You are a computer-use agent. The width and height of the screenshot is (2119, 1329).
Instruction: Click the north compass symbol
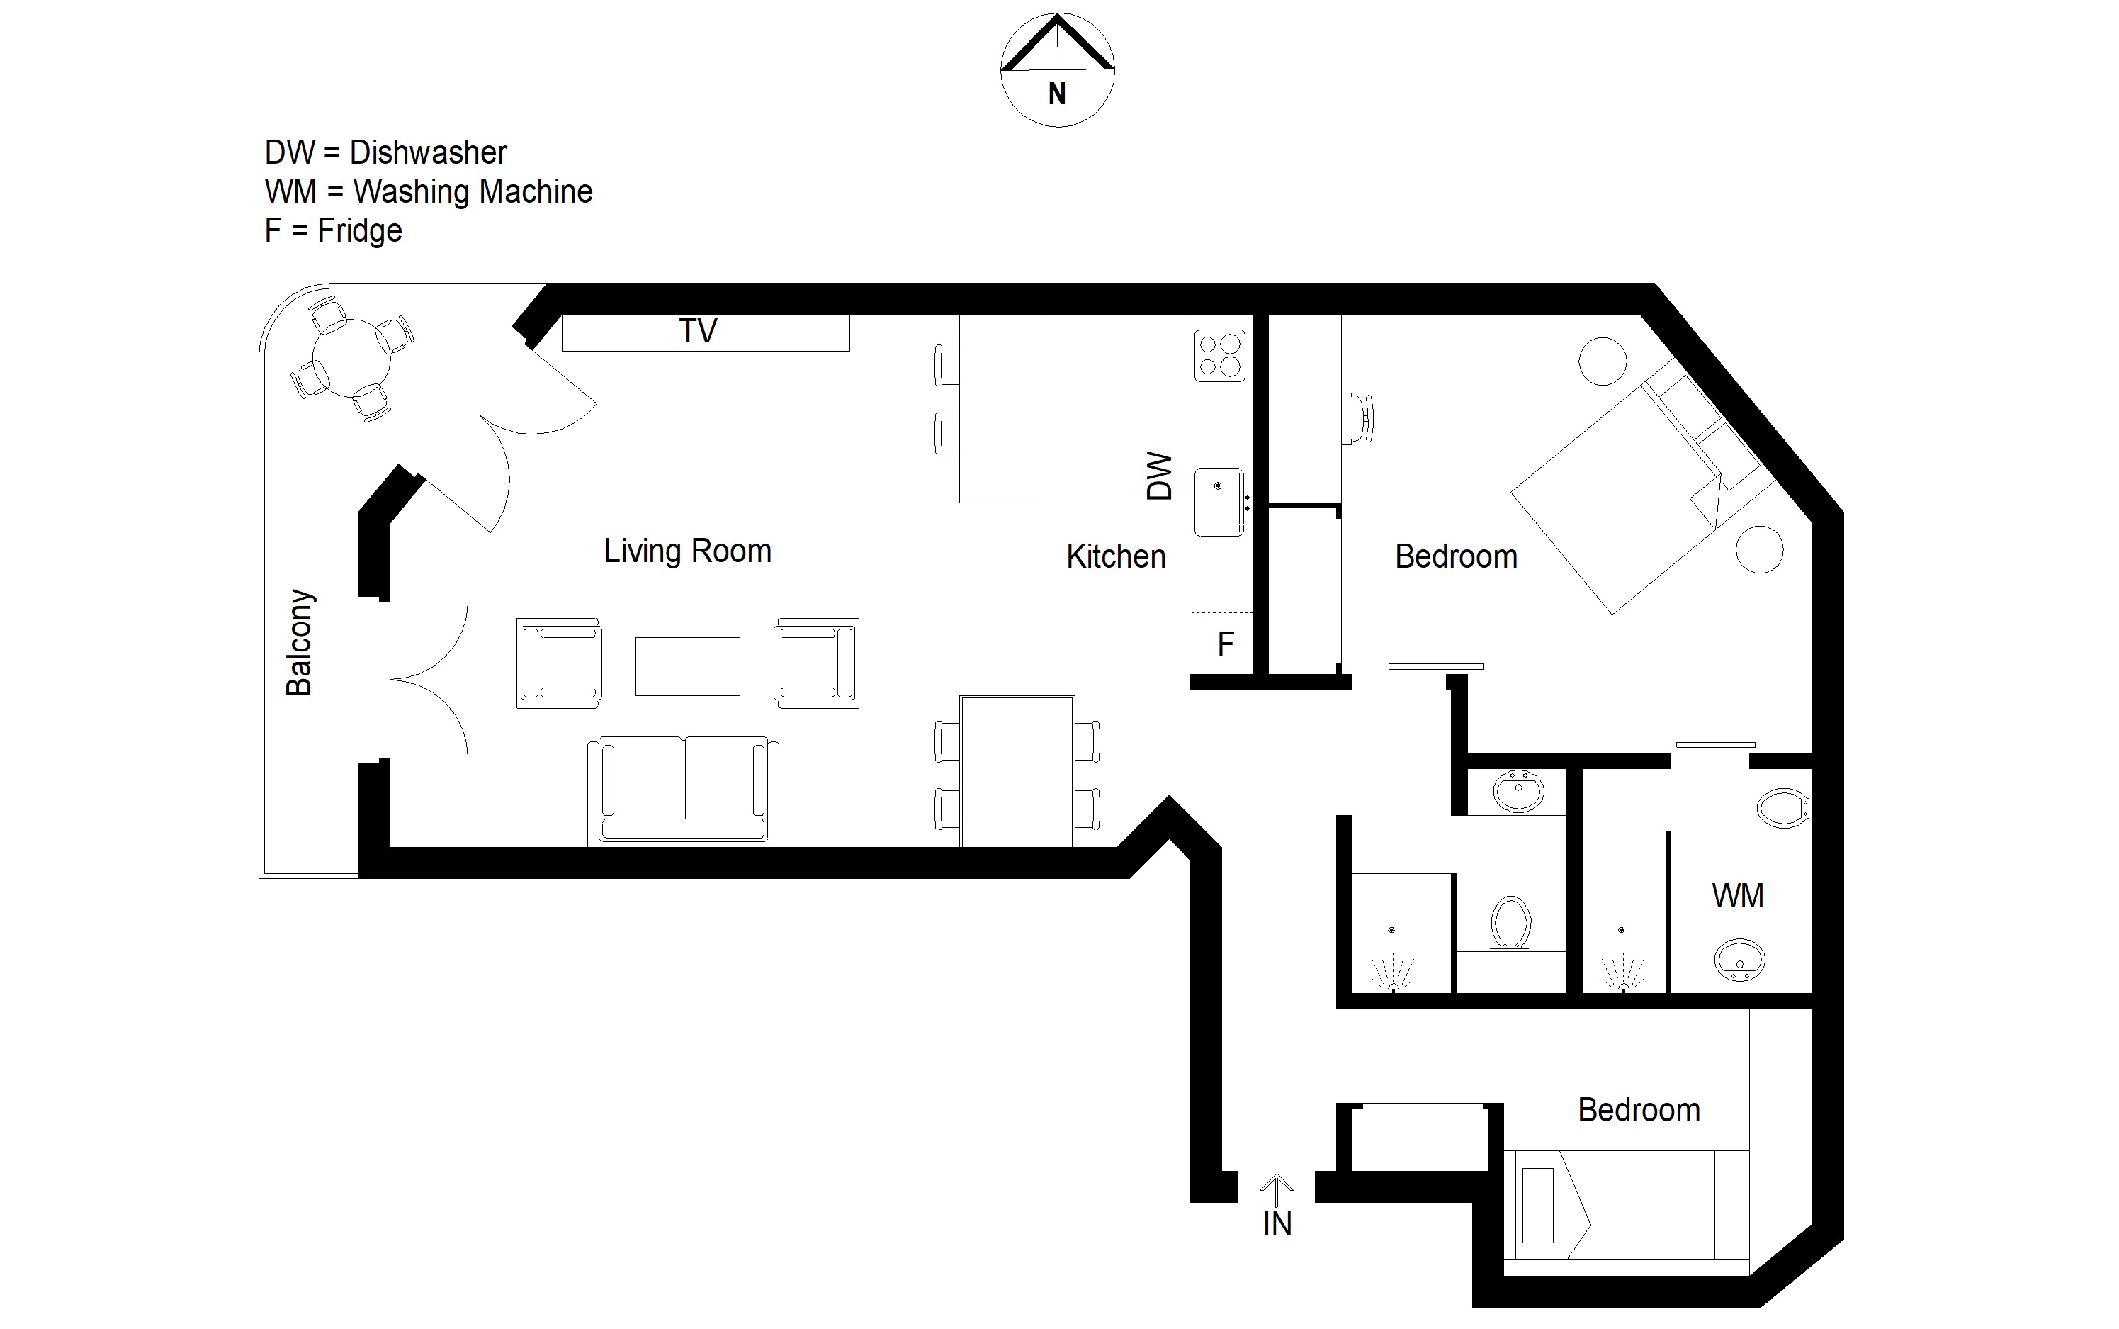(1058, 70)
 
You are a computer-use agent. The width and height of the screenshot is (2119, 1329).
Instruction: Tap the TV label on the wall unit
(699, 332)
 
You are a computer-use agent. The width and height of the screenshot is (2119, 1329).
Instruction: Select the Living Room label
(687, 551)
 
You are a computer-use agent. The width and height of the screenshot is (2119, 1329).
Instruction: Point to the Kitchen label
(1116, 556)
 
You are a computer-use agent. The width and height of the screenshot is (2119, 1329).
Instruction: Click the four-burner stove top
(1219, 356)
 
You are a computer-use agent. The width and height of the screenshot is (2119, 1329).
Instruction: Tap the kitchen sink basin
(1219, 502)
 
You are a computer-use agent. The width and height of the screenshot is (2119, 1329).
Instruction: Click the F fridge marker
(1226, 644)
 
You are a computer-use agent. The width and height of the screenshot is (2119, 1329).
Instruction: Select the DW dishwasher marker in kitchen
(1160, 476)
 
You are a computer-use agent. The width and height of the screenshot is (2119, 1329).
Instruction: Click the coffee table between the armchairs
(687, 666)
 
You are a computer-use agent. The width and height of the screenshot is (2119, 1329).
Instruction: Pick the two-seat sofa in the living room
(684, 790)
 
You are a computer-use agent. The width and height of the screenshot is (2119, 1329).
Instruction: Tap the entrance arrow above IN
(1277, 1190)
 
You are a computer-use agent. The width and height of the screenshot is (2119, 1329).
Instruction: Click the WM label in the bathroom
(1738, 896)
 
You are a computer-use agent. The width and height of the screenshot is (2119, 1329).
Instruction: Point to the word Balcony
(300, 642)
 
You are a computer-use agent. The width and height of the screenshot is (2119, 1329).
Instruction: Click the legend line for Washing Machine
(429, 191)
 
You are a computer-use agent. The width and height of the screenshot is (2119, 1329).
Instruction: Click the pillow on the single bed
(1537, 1205)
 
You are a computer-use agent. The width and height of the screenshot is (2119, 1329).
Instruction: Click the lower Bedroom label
(1639, 1110)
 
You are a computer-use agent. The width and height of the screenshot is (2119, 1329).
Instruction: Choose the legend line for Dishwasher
(385, 153)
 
